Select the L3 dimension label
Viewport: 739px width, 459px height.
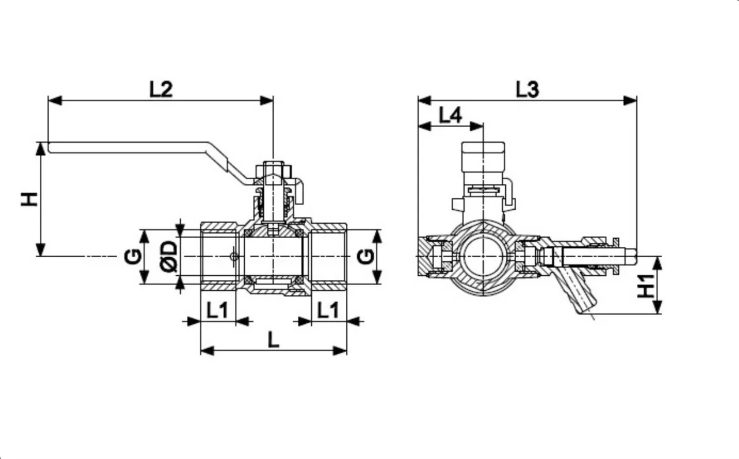point(527,89)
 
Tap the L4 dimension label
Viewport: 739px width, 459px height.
point(450,115)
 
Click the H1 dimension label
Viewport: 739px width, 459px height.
point(647,286)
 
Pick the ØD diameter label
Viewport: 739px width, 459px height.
point(169,256)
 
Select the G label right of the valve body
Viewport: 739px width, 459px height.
point(365,256)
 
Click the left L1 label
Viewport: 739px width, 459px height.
point(218,310)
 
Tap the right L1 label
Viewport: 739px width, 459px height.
point(329,310)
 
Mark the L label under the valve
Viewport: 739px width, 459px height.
point(273,340)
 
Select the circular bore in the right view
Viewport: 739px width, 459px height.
point(483,256)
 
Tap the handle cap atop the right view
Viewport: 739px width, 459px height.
point(483,156)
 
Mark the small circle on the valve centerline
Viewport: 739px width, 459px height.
point(233,256)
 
